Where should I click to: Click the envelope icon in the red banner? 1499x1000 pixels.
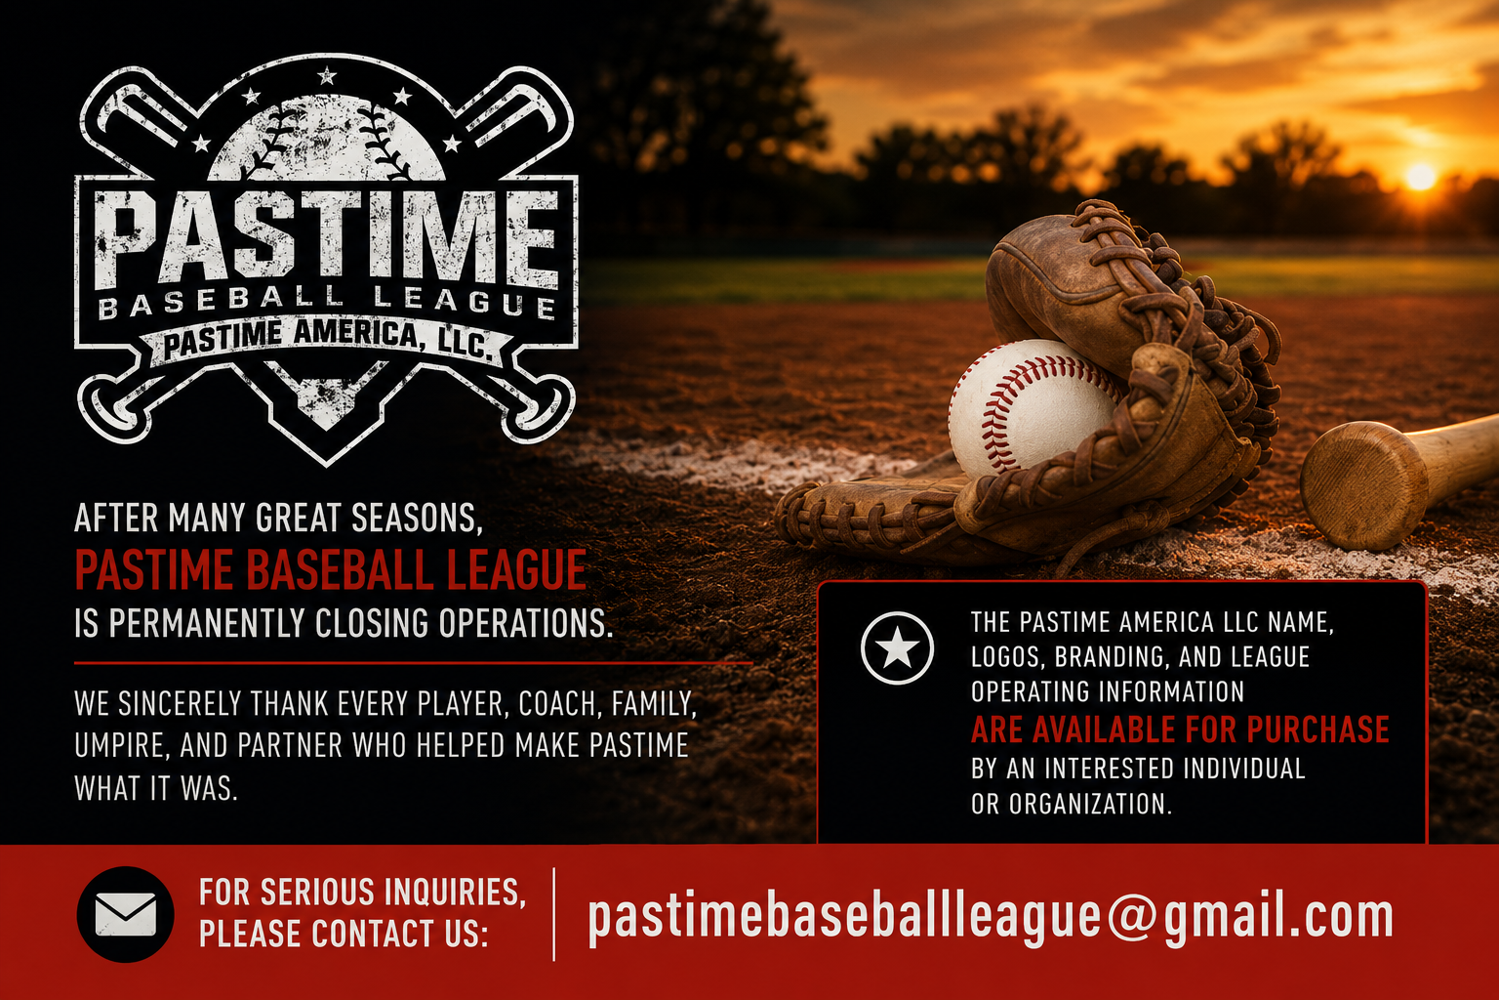[x=126, y=914]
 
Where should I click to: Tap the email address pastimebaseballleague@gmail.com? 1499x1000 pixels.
[x=991, y=918]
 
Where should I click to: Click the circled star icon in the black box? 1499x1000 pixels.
[x=897, y=648]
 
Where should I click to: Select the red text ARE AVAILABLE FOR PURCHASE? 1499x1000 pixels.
[x=1180, y=729]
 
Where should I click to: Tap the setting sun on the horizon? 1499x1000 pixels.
[x=1419, y=177]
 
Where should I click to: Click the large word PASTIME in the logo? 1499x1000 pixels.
[x=327, y=235]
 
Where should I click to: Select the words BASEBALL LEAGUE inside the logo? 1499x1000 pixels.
[x=327, y=302]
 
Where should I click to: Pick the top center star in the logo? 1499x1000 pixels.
[x=327, y=76]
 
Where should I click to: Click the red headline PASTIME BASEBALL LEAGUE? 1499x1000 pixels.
[x=331, y=570]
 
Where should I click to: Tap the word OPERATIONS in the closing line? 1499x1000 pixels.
[x=525, y=623]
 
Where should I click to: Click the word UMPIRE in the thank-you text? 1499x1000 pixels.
[x=120, y=745]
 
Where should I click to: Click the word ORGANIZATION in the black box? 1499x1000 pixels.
[x=1090, y=803]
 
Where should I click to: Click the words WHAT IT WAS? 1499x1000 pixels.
[x=156, y=788]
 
